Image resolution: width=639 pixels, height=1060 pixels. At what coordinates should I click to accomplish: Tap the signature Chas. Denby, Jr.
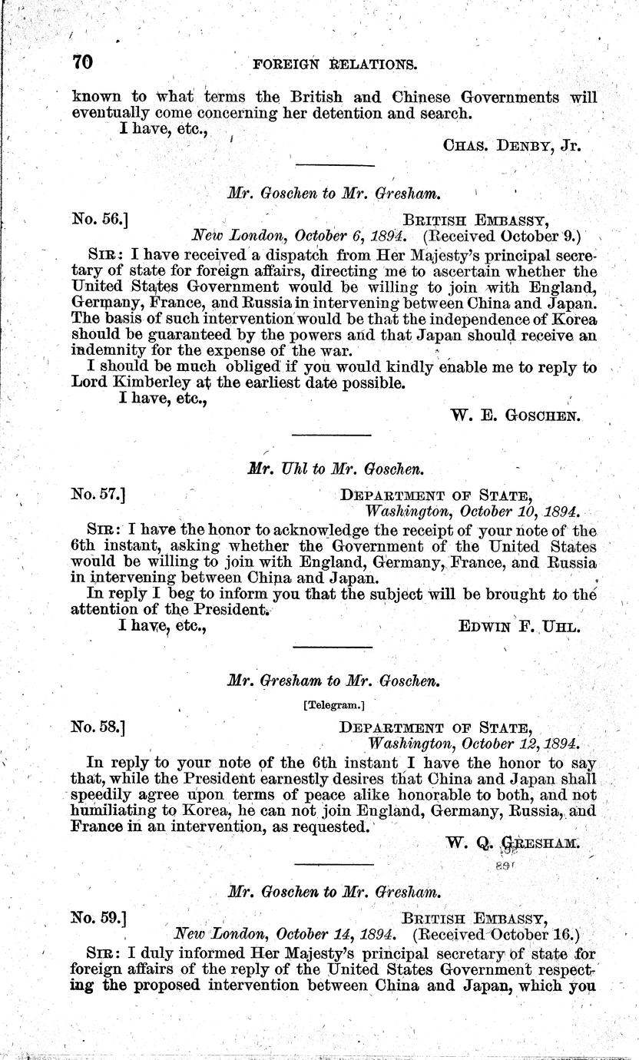[x=512, y=144]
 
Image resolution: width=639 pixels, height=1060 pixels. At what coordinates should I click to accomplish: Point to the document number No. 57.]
[x=99, y=496]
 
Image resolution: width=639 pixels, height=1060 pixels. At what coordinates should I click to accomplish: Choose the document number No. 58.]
[x=99, y=726]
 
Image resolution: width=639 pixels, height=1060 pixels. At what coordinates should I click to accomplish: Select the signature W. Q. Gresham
[x=512, y=843]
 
